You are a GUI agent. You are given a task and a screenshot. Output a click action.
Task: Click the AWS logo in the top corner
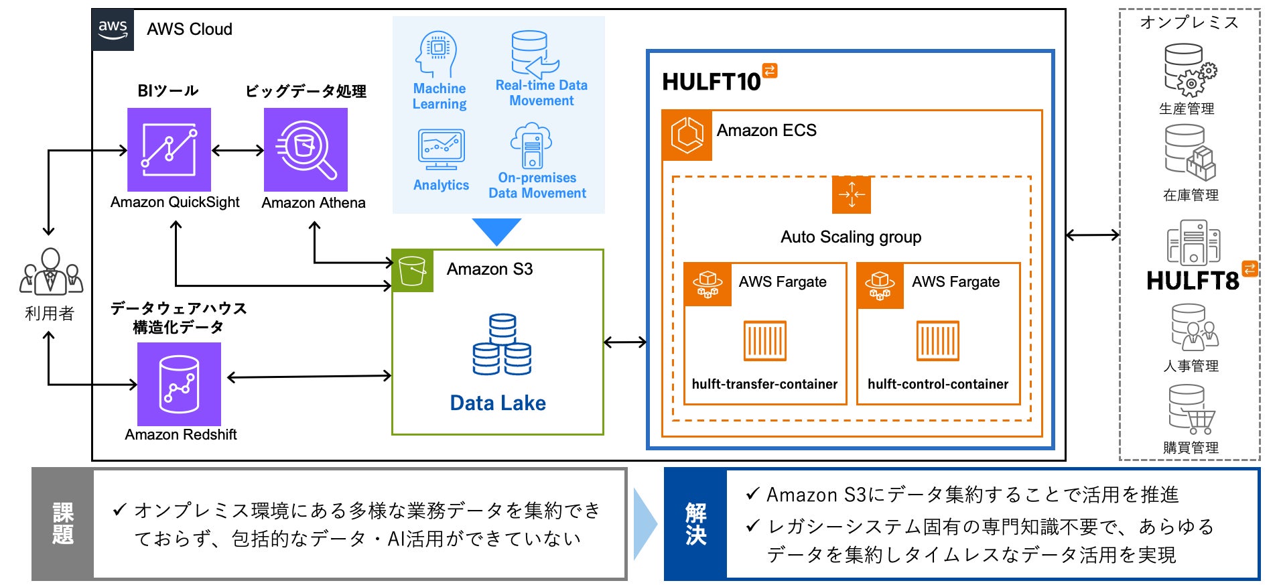pyautogui.click(x=113, y=29)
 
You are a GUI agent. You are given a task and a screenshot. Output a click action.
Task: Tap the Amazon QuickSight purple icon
pyautogui.click(x=169, y=149)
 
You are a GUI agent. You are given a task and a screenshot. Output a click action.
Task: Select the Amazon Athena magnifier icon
pyautogui.click(x=306, y=149)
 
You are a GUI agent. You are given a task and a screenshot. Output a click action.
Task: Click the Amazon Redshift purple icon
pyautogui.click(x=179, y=384)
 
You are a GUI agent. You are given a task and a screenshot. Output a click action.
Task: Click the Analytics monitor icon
pyautogui.click(x=441, y=149)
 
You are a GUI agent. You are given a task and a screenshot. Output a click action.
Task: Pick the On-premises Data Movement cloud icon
pyautogui.click(x=531, y=145)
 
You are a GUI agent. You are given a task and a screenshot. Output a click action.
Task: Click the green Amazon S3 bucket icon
pyautogui.click(x=412, y=271)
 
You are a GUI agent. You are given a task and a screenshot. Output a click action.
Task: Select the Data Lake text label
pyautogui.click(x=498, y=403)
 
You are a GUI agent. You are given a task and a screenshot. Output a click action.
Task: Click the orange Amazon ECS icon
pyautogui.click(x=687, y=135)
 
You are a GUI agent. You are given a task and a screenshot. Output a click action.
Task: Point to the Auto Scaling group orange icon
pyautogui.click(x=851, y=195)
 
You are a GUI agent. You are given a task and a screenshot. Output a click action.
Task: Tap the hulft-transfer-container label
pyautogui.click(x=764, y=384)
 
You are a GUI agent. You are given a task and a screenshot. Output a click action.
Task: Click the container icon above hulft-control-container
pyautogui.click(x=937, y=340)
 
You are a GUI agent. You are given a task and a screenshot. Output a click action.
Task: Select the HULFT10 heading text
pyautogui.click(x=712, y=82)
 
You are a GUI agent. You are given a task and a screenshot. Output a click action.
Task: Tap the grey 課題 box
pyautogui.click(x=62, y=524)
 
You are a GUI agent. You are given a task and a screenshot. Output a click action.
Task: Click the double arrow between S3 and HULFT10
pyautogui.click(x=624, y=342)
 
